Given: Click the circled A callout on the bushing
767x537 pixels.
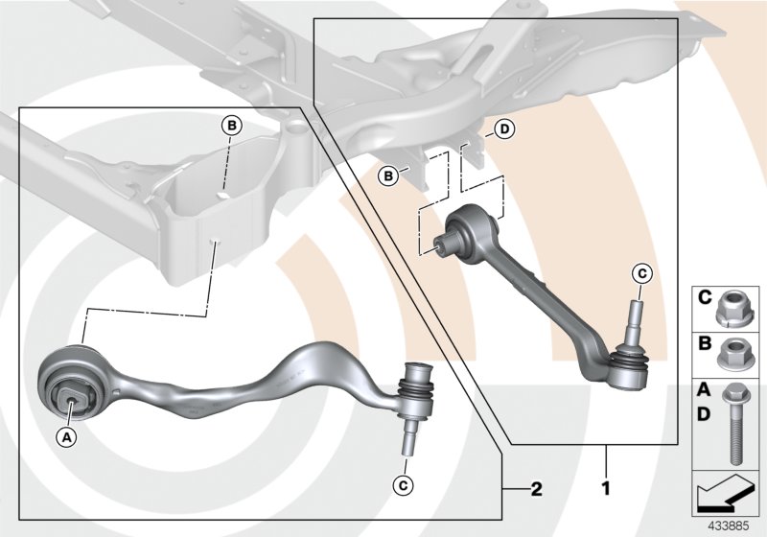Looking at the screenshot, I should point(66,436).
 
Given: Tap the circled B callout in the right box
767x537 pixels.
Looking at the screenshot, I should point(388,175).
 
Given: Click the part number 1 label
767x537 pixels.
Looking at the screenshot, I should point(605,488).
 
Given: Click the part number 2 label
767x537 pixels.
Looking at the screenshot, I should point(537,490).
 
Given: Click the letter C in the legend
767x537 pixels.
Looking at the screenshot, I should point(703,296).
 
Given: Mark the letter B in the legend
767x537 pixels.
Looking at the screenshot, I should point(703,341).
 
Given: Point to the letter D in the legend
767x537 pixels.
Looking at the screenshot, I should point(703,413).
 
